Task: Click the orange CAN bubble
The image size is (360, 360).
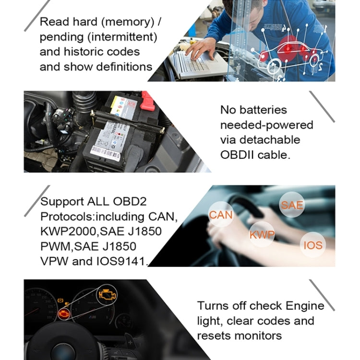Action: [x=221, y=215]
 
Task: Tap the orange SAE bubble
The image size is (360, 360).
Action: [x=292, y=205]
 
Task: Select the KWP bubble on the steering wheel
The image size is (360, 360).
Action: [x=262, y=235]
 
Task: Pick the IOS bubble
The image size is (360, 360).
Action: [x=313, y=245]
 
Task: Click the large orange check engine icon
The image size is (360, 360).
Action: [x=107, y=294]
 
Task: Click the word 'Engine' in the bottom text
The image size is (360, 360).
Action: [x=305, y=306]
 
